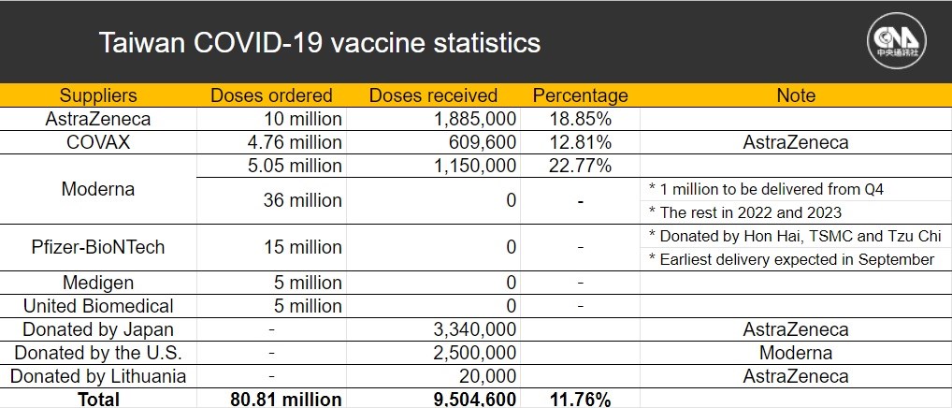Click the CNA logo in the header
tap(896, 41)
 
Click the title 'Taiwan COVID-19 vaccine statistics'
tap(319, 43)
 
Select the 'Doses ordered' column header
tap(271, 95)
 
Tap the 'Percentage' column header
tap(580, 96)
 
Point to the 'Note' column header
tap(796, 95)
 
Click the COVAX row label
tap(98, 142)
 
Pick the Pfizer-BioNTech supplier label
tap(98, 247)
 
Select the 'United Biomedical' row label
tap(98, 305)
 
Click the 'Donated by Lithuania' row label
tap(98, 376)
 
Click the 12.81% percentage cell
tap(580, 142)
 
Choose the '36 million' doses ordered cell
tap(302, 200)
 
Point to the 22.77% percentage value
tap(580, 166)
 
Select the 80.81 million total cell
tap(286, 400)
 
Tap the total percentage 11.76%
tap(580, 400)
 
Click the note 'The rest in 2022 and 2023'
tap(745, 212)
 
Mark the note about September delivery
tap(791, 259)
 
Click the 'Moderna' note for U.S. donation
tap(796, 353)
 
